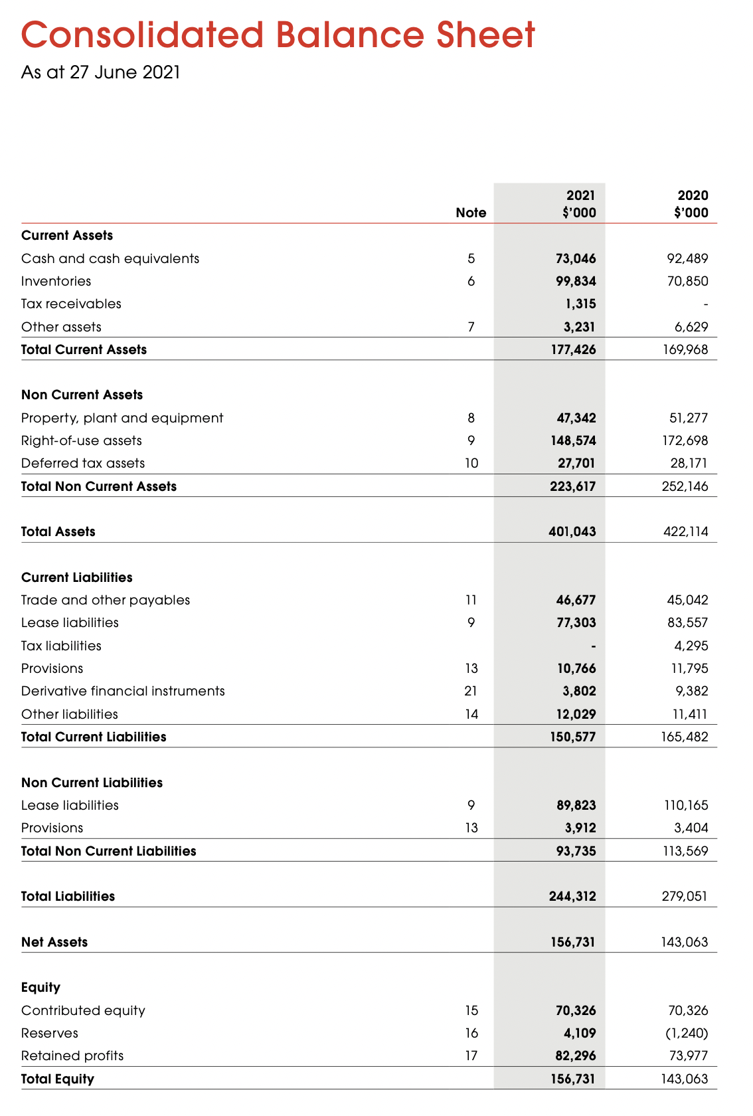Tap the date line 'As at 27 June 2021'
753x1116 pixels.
101,72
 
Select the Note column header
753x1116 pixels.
471,213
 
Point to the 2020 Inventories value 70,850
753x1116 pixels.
688,281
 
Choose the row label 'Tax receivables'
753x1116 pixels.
71,304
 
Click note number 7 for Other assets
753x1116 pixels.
471,327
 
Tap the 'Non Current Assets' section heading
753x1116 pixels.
82,395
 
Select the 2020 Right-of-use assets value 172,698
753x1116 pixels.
685,440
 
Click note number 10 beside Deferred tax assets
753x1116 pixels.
471,463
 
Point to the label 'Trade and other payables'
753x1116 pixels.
106,600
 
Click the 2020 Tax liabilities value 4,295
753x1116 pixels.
691,646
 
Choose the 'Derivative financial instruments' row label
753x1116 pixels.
123,691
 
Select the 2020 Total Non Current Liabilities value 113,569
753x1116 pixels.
686,851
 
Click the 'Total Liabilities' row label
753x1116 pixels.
68,896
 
